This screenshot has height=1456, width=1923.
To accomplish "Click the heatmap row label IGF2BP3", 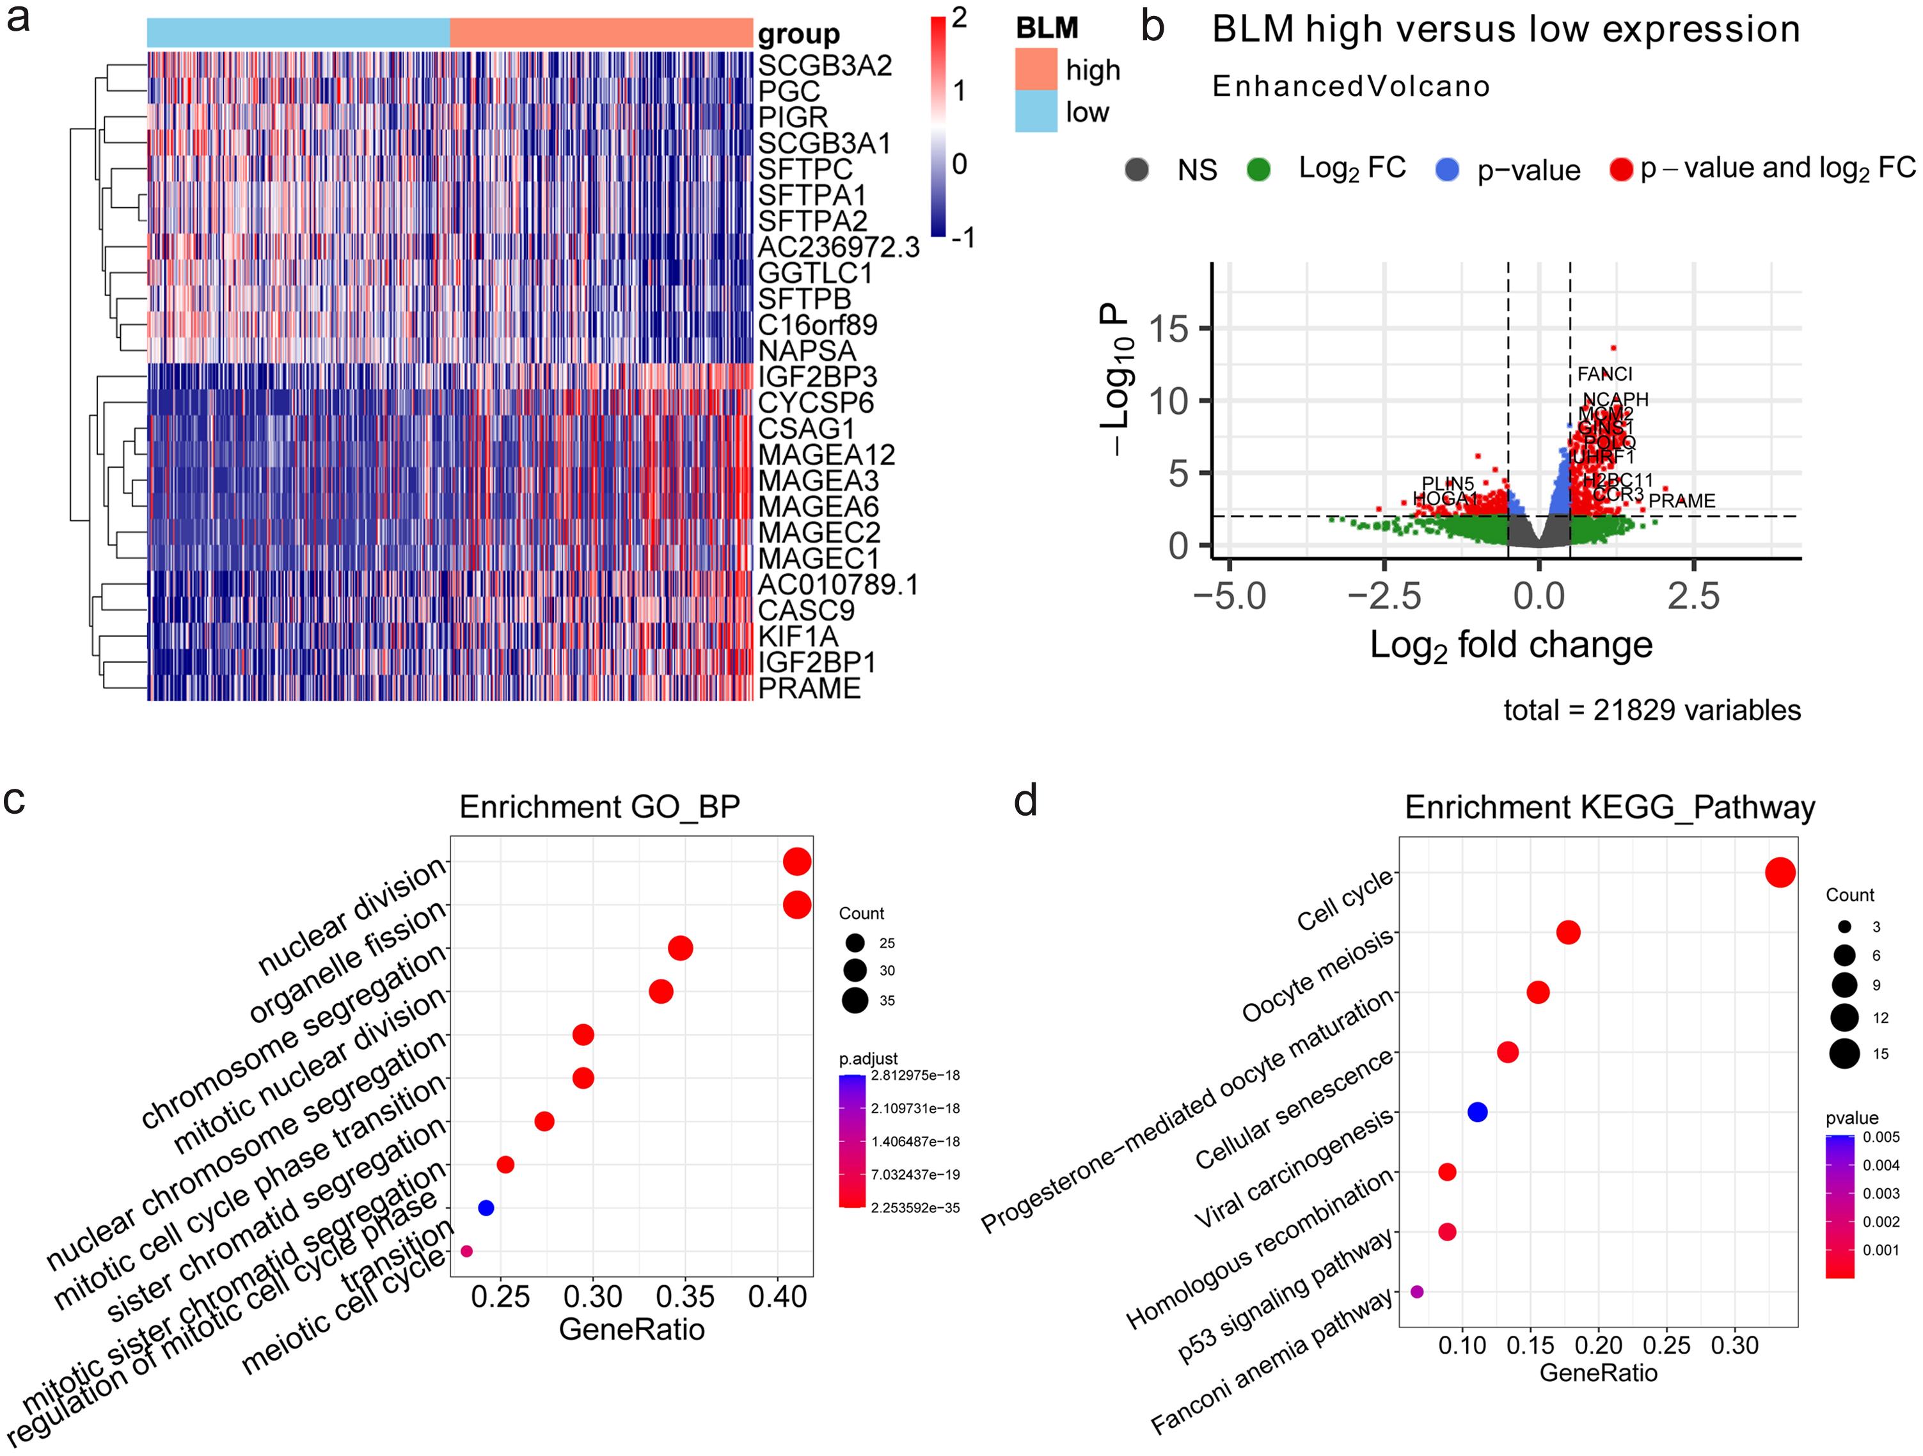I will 817,377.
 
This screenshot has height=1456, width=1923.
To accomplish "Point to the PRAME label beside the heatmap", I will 809,688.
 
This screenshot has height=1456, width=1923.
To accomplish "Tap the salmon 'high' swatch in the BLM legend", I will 1036,68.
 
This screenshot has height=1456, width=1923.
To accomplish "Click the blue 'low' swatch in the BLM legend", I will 1036,111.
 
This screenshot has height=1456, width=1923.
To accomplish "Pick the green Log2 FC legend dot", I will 1258,170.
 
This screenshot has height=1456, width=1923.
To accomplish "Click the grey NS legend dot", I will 1136,170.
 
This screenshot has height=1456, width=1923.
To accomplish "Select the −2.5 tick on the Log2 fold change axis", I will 1384,596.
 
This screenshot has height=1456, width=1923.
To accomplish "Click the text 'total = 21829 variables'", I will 1652,710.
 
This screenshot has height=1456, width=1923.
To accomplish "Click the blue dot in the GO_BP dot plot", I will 486,1207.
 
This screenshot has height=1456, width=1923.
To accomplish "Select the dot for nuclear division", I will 797,862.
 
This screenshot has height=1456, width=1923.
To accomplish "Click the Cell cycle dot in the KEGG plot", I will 1780,873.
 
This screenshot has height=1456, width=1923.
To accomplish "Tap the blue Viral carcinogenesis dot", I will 1477,1111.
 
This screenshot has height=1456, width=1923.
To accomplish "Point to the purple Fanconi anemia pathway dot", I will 1417,1292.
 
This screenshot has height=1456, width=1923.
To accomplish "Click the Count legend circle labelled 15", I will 1844,1054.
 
